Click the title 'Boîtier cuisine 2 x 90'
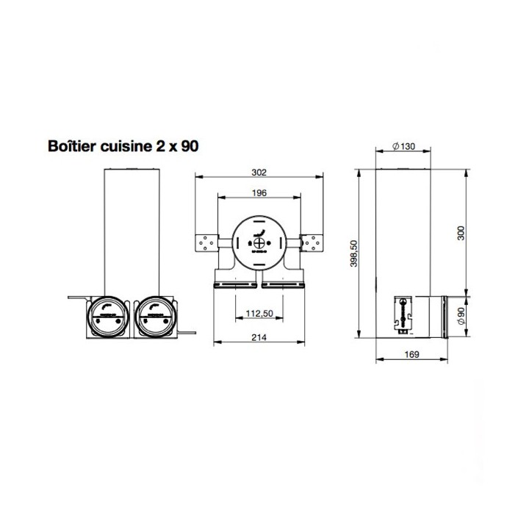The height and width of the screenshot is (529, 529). tap(123, 145)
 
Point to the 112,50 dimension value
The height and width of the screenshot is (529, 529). tap(258, 314)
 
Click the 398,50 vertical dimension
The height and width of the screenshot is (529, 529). tap(353, 254)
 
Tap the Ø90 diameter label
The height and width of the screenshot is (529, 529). tap(461, 315)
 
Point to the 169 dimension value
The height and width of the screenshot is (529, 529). tap(411, 355)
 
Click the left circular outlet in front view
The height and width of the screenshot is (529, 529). tap(108, 315)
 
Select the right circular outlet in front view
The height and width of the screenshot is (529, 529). tap(155, 315)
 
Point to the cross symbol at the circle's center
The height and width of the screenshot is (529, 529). tap(259, 238)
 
